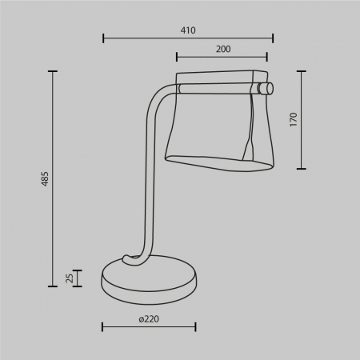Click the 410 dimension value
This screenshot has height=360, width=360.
(x=188, y=30)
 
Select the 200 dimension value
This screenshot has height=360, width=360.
(x=223, y=49)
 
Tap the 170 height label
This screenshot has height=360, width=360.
(x=293, y=120)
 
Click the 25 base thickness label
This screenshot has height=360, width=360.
(x=69, y=278)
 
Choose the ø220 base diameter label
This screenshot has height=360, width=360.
(x=148, y=318)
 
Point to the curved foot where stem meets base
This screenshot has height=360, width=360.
(x=133, y=259)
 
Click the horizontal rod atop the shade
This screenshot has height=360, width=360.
(x=216, y=87)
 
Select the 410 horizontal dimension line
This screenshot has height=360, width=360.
(x=188, y=38)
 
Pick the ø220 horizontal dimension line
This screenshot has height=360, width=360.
(x=149, y=326)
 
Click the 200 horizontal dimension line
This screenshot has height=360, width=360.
(x=222, y=57)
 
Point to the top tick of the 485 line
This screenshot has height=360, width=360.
(x=54, y=71)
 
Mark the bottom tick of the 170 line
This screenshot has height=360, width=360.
(x=302, y=169)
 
